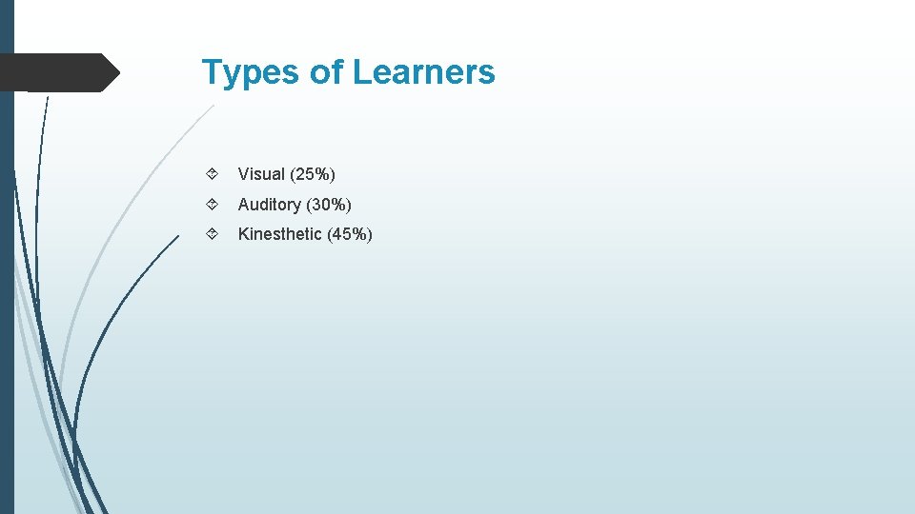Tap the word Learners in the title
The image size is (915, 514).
click(424, 72)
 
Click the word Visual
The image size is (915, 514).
click(261, 174)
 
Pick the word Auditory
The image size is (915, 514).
click(270, 205)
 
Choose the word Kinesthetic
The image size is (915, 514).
click(280, 234)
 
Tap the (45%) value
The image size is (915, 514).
click(350, 234)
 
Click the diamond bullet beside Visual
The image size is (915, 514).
click(212, 174)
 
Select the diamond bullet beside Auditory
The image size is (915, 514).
click(212, 205)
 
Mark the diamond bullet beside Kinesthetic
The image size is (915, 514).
click(212, 234)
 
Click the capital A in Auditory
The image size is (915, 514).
click(244, 205)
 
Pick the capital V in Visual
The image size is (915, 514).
click(244, 174)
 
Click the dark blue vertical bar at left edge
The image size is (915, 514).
click(7, 286)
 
